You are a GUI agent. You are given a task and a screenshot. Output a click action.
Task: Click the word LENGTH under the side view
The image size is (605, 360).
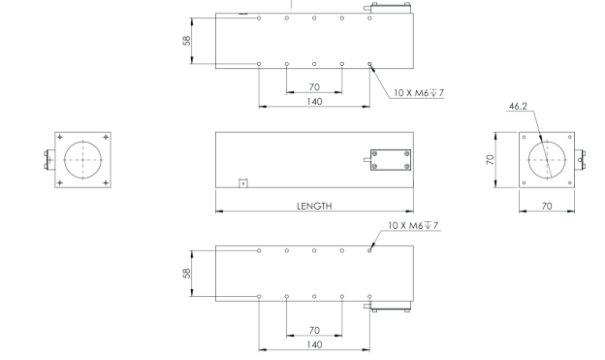[x=314, y=206]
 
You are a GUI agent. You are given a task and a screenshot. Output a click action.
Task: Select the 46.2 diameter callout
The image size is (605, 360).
[x=518, y=106]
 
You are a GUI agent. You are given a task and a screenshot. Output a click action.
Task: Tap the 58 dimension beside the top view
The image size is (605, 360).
[x=187, y=41]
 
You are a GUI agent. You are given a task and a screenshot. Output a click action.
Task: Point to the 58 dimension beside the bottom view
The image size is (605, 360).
[x=187, y=273]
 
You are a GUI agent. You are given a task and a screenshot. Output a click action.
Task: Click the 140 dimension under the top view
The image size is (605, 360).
[x=314, y=101]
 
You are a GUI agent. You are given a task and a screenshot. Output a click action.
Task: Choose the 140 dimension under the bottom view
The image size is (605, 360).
[x=314, y=344]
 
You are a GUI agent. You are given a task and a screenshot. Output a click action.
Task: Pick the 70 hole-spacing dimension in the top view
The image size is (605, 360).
[x=314, y=87]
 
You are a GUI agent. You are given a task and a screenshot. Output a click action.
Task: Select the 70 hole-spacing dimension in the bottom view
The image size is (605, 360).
[x=314, y=331]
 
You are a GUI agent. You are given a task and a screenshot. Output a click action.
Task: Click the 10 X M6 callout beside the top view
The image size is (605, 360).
[x=419, y=93]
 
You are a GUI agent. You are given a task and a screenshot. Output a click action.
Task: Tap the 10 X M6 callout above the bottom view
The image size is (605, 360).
[x=413, y=225]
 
